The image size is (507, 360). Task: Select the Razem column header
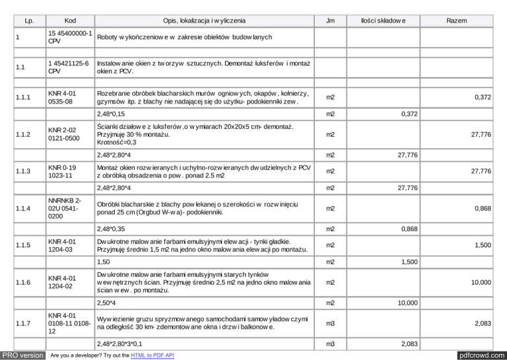[x=456, y=21]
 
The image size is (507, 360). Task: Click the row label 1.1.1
[x=26, y=98]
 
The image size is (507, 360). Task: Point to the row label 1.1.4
[x=26, y=209]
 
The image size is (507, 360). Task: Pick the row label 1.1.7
[x=26, y=322]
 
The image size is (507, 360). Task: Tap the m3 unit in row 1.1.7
[x=331, y=322]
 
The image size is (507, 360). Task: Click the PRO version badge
[x=22, y=355]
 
